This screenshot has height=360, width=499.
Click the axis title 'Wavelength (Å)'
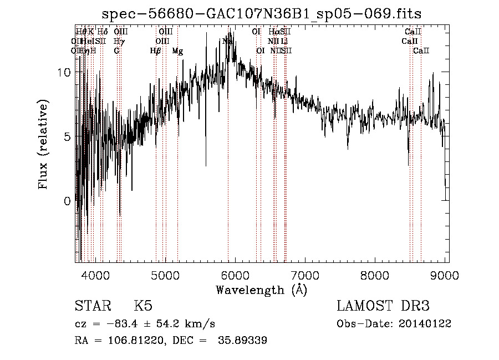261,290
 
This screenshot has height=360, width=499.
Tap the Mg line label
177,51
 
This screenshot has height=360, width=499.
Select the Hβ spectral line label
156,51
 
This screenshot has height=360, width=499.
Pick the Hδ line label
103,32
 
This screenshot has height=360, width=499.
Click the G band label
116,51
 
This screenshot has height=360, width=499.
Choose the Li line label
284,42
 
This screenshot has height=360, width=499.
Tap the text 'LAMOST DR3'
383,306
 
